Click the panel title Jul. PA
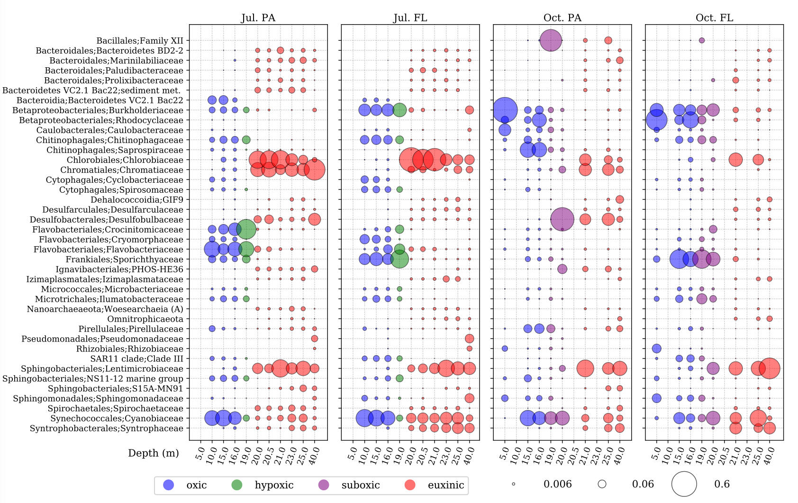(258, 18)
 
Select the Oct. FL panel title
(714, 18)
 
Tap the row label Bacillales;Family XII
(140, 41)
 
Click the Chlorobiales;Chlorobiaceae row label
(125, 160)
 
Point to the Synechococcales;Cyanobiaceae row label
(117, 418)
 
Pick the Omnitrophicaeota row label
(145, 319)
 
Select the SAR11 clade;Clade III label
(136, 359)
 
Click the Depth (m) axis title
(154, 453)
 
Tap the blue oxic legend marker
(169, 485)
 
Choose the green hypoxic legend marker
(236, 485)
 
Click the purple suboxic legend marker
(324, 485)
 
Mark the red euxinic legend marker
(410, 485)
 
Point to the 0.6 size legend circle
(684, 485)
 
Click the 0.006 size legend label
(557, 485)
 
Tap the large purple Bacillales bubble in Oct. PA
(551, 40)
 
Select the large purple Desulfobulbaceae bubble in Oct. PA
(562, 219)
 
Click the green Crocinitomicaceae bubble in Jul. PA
(246, 229)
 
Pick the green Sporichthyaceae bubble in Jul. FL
(399, 259)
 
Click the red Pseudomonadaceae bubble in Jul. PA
(314, 339)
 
